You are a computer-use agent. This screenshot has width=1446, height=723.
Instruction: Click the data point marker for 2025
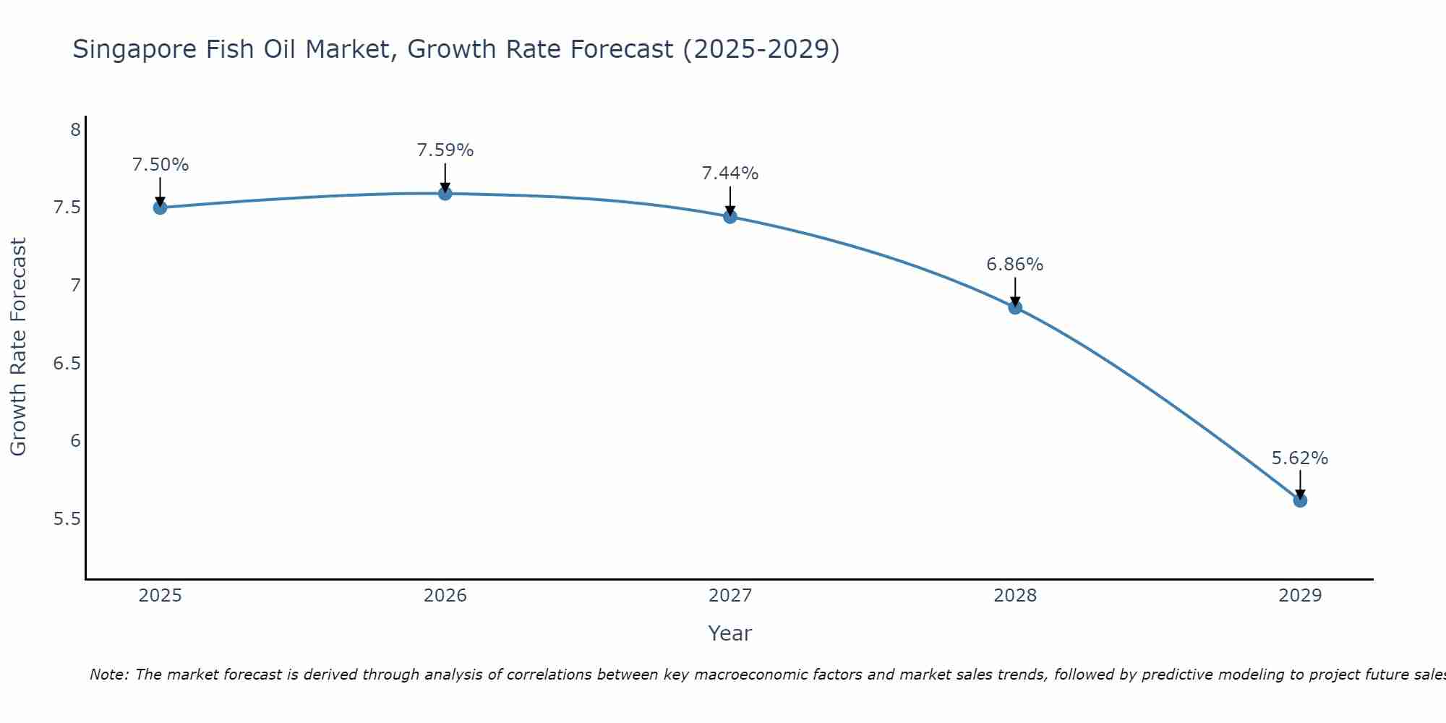pyautogui.click(x=161, y=208)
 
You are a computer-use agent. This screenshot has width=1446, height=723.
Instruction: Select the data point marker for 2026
pyautogui.click(x=445, y=193)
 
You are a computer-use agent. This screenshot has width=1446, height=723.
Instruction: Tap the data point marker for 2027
pyautogui.click(x=730, y=216)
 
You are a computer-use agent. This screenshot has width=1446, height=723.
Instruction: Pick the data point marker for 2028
pyautogui.click(x=1015, y=307)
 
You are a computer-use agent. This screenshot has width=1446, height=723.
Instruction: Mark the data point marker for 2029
pyautogui.click(x=1300, y=500)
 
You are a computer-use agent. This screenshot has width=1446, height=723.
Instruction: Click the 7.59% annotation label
pyautogui.click(x=445, y=150)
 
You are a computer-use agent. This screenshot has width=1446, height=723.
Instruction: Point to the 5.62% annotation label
pyautogui.click(x=1300, y=458)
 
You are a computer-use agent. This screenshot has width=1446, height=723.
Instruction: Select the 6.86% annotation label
pyautogui.click(x=1015, y=265)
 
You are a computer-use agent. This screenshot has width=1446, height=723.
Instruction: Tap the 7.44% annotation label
pyautogui.click(x=730, y=174)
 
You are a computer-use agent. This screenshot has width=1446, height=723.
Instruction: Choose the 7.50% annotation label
pyautogui.click(x=161, y=165)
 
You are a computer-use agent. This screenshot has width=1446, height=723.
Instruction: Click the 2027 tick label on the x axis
pyautogui.click(x=730, y=596)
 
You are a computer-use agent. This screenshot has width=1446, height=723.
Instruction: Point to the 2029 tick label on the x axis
pyautogui.click(x=1300, y=596)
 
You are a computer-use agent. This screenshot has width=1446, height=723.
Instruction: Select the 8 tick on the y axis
pyautogui.click(x=75, y=130)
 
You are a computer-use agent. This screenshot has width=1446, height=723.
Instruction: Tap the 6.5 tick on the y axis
pyautogui.click(x=67, y=363)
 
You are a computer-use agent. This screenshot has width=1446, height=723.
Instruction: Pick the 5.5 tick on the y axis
pyautogui.click(x=67, y=519)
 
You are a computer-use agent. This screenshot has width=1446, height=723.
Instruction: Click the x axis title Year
pyautogui.click(x=730, y=633)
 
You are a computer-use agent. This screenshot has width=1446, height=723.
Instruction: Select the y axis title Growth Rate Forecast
pyautogui.click(x=18, y=347)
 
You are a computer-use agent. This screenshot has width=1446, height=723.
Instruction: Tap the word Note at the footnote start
pyautogui.click(x=108, y=675)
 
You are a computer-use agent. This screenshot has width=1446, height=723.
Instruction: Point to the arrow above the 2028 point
pyautogui.click(x=1015, y=291)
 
